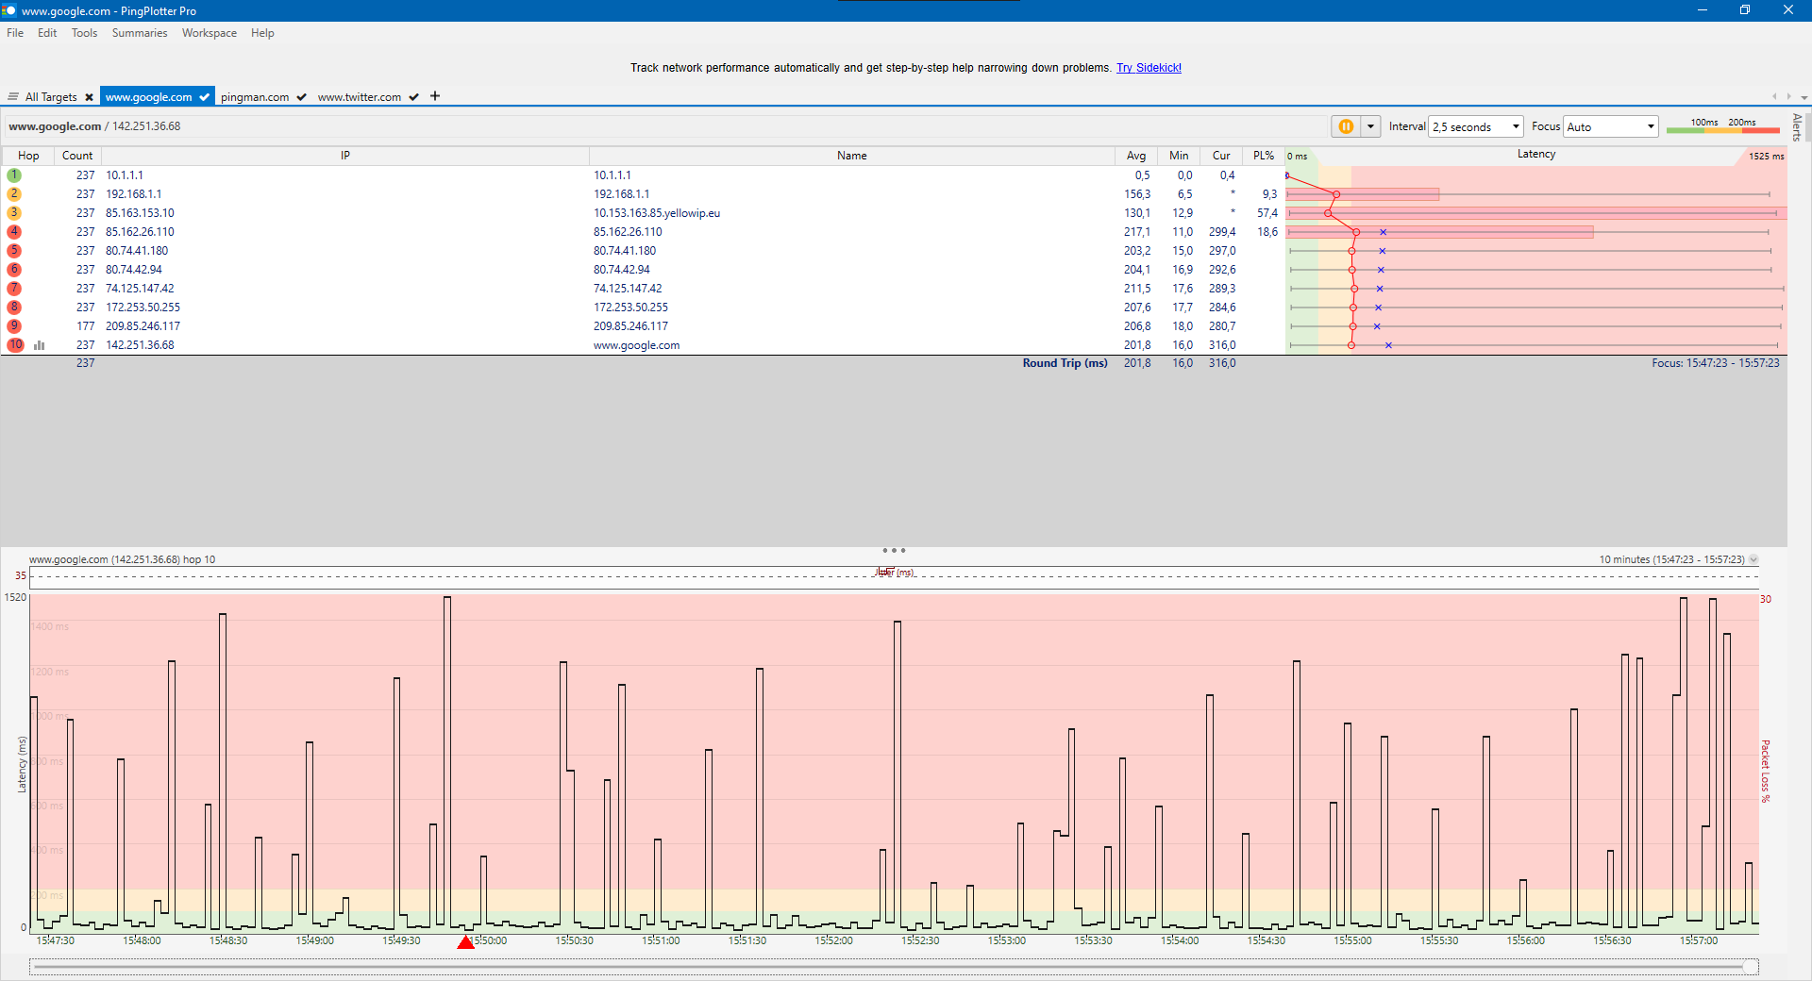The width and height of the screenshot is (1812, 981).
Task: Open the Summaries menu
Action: [139, 33]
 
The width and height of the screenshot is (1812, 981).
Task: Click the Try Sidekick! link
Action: [1149, 68]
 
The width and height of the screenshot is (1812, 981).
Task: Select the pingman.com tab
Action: [255, 97]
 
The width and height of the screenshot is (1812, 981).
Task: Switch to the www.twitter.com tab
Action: [359, 97]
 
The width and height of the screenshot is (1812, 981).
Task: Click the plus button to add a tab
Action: [435, 96]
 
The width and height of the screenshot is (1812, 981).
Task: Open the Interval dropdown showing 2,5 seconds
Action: [1475, 127]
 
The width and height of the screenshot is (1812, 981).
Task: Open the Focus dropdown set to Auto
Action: [1610, 127]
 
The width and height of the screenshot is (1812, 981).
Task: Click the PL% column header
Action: [1263, 156]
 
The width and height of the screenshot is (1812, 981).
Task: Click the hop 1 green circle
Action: [14, 175]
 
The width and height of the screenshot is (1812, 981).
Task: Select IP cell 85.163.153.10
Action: [140, 213]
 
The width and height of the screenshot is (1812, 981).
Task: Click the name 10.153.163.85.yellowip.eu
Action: [657, 213]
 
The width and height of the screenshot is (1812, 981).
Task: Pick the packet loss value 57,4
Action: [1267, 213]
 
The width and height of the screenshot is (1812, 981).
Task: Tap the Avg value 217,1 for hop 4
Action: [1136, 232]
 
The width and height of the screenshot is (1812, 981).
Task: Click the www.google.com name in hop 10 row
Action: [636, 345]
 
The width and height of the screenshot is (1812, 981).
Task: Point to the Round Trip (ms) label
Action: [1065, 363]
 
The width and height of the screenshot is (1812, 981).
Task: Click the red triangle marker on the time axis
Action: [465, 942]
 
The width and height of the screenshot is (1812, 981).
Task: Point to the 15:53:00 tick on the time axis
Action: [1006, 940]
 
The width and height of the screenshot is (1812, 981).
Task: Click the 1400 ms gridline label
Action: [50, 626]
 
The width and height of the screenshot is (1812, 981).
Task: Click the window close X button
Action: [1787, 10]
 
